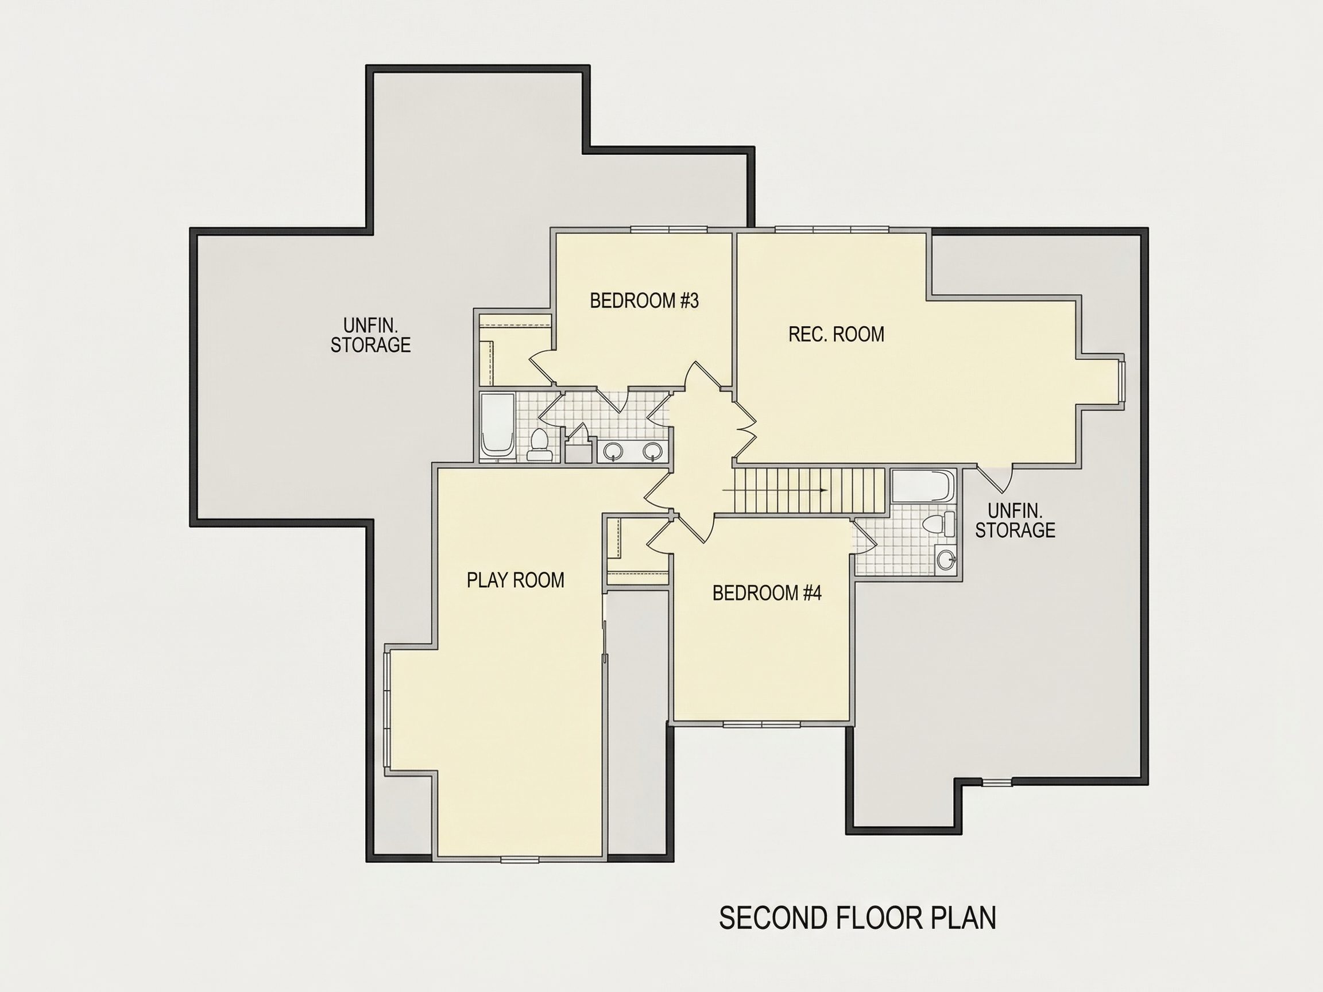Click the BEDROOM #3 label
(644, 301)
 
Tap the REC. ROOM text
(836, 334)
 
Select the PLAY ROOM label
(516, 580)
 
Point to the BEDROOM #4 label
(767, 593)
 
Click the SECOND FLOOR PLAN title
(858, 918)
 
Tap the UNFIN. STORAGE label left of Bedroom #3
(371, 335)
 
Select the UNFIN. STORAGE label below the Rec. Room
(1015, 520)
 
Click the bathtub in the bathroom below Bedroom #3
(498, 427)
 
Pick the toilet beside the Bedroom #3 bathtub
(540, 445)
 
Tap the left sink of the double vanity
(613, 451)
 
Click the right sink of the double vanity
(652, 451)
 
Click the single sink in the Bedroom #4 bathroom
(946, 560)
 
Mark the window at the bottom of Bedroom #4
(761, 724)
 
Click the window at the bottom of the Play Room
(520, 860)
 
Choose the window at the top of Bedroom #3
(670, 230)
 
